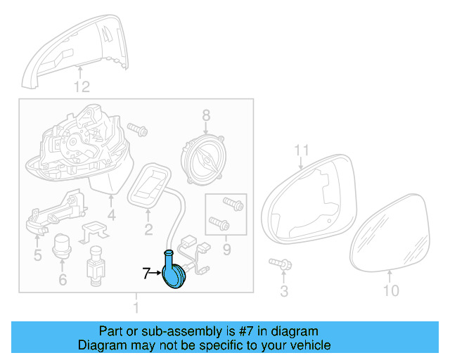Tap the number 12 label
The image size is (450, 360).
point(82,87)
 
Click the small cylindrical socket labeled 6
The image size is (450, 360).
point(63,245)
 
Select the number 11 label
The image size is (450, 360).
point(302,150)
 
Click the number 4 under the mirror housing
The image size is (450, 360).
point(111,215)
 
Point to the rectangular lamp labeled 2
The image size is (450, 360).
point(150,182)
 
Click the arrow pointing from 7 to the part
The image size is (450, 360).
point(156,274)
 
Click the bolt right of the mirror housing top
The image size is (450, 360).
point(138,131)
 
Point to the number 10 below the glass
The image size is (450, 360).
point(390,290)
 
